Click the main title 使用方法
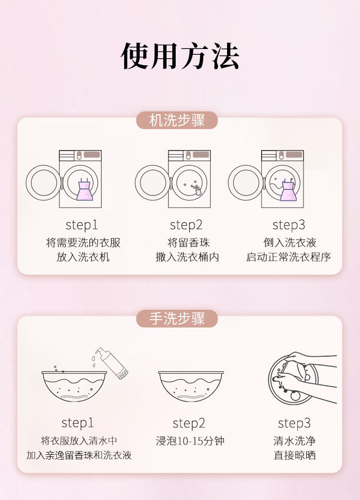[180, 57]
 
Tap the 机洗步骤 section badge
[177, 121]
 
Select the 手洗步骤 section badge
[177, 318]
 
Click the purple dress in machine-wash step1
[84, 189]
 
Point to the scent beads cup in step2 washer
[197, 191]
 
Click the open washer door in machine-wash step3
[245, 183]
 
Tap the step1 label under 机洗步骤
[82, 225]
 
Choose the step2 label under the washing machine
[186, 225]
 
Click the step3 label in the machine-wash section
[288, 225]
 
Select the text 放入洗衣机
[83, 257]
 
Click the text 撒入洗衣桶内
[187, 257]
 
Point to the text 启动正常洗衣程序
[288, 257]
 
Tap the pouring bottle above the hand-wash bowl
[112, 363]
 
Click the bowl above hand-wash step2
[191, 386]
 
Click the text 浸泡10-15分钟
[190, 441]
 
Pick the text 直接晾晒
[295, 455]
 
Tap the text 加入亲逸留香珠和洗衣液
[79, 455]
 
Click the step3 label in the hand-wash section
[294, 423]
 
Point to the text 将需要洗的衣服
[83, 243]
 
